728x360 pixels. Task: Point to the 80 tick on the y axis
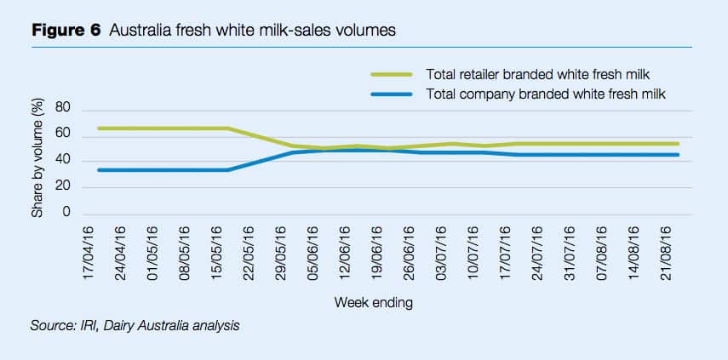pyautogui.click(x=60, y=109)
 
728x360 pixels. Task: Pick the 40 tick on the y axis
pyautogui.click(x=60, y=161)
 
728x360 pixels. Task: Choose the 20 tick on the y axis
pyautogui.click(x=60, y=187)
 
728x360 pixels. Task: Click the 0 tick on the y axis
pyautogui.click(x=64, y=214)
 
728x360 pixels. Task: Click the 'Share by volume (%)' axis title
pyautogui.click(x=37, y=161)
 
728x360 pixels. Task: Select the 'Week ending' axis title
pyautogui.click(x=375, y=301)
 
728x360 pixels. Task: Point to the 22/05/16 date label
pyautogui.click(x=247, y=253)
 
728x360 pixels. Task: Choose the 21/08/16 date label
pyautogui.click(x=663, y=253)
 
